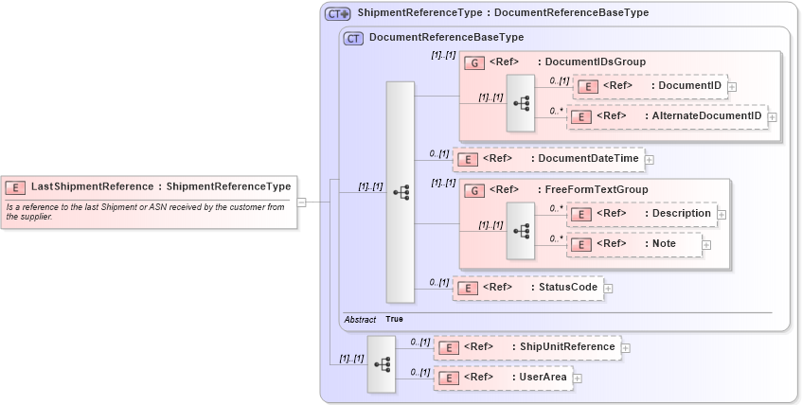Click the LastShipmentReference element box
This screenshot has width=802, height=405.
pos(149,186)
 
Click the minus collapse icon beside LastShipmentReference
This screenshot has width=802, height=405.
pos(301,202)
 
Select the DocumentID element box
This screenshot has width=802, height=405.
pos(649,86)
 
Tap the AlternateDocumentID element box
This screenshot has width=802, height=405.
pos(667,116)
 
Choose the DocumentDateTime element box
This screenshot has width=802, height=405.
pos(548,159)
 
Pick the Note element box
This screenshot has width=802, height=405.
pos(634,244)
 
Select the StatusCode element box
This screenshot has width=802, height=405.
pos(527,288)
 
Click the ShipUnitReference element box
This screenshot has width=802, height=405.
pos(527,347)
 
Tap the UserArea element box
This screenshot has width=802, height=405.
pos(503,378)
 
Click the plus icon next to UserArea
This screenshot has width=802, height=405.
pos(577,379)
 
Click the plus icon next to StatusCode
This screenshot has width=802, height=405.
pos(608,289)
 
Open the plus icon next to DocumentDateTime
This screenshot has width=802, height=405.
pos(650,160)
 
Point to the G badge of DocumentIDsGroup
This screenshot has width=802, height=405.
pos(474,62)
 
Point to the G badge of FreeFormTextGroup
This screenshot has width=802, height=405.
pos(474,190)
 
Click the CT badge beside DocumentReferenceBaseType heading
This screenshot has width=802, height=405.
pos(353,38)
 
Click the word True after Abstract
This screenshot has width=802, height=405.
pos(394,320)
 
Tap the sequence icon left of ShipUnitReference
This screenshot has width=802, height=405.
pos(382,363)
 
